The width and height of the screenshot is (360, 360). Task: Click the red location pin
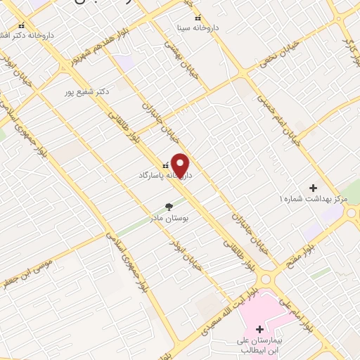pyautogui.click(x=181, y=166)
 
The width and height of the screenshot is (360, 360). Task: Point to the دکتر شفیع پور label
pyautogui.click(x=87, y=91)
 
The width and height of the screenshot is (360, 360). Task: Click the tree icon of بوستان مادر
pyautogui.click(x=168, y=207)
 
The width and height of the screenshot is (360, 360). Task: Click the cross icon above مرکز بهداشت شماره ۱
pyautogui.click(x=314, y=188)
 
